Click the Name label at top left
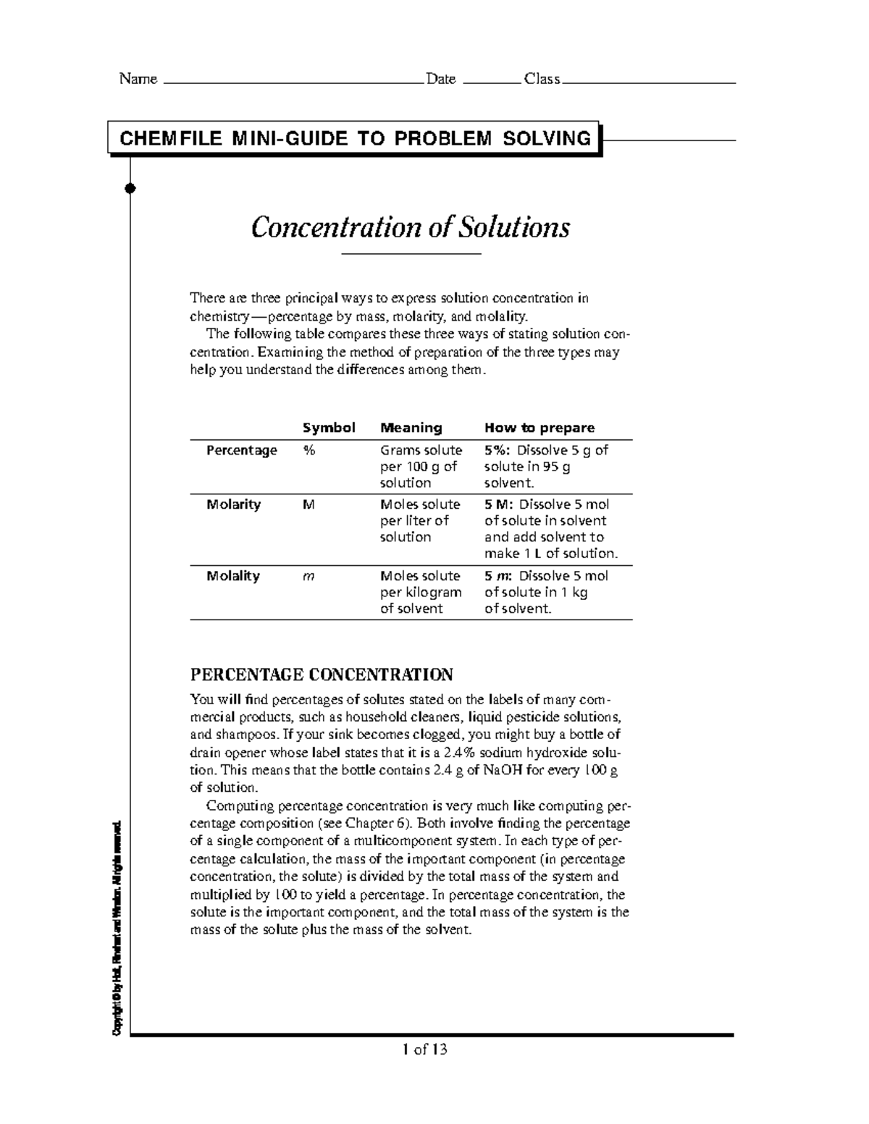[x=138, y=79]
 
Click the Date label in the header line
[x=440, y=79]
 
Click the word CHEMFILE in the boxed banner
[x=170, y=138]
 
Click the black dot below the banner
[x=130, y=189]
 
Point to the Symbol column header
[x=329, y=428]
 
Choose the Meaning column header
[x=411, y=428]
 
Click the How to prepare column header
[x=539, y=428]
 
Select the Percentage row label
[x=241, y=450]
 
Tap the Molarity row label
[x=233, y=504]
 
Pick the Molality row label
[x=232, y=576]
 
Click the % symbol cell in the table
[x=309, y=450]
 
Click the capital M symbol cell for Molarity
[x=309, y=504]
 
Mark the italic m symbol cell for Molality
[x=308, y=577]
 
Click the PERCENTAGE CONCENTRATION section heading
[x=321, y=675]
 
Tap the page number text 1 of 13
[x=425, y=1049]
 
